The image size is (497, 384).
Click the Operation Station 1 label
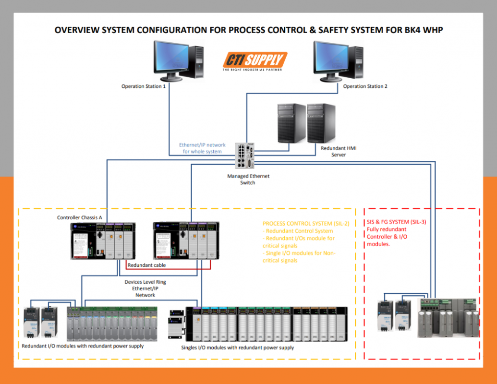point(144,86)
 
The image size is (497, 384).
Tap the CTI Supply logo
point(255,61)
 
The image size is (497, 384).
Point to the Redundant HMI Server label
point(339,152)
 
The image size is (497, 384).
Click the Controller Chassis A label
point(80,217)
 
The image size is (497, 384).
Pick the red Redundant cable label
point(146,265)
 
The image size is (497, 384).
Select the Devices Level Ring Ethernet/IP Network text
point(145,288)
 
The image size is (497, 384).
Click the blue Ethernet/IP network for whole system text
point(202,148)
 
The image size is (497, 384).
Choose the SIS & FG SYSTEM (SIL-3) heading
point(396,222)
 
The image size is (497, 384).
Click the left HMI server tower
point(291,123)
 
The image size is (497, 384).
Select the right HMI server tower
point(321,123)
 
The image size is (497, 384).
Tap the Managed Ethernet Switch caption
point(248,179)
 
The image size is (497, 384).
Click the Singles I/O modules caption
point(237,348)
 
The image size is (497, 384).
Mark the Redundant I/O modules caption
point(83,346)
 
